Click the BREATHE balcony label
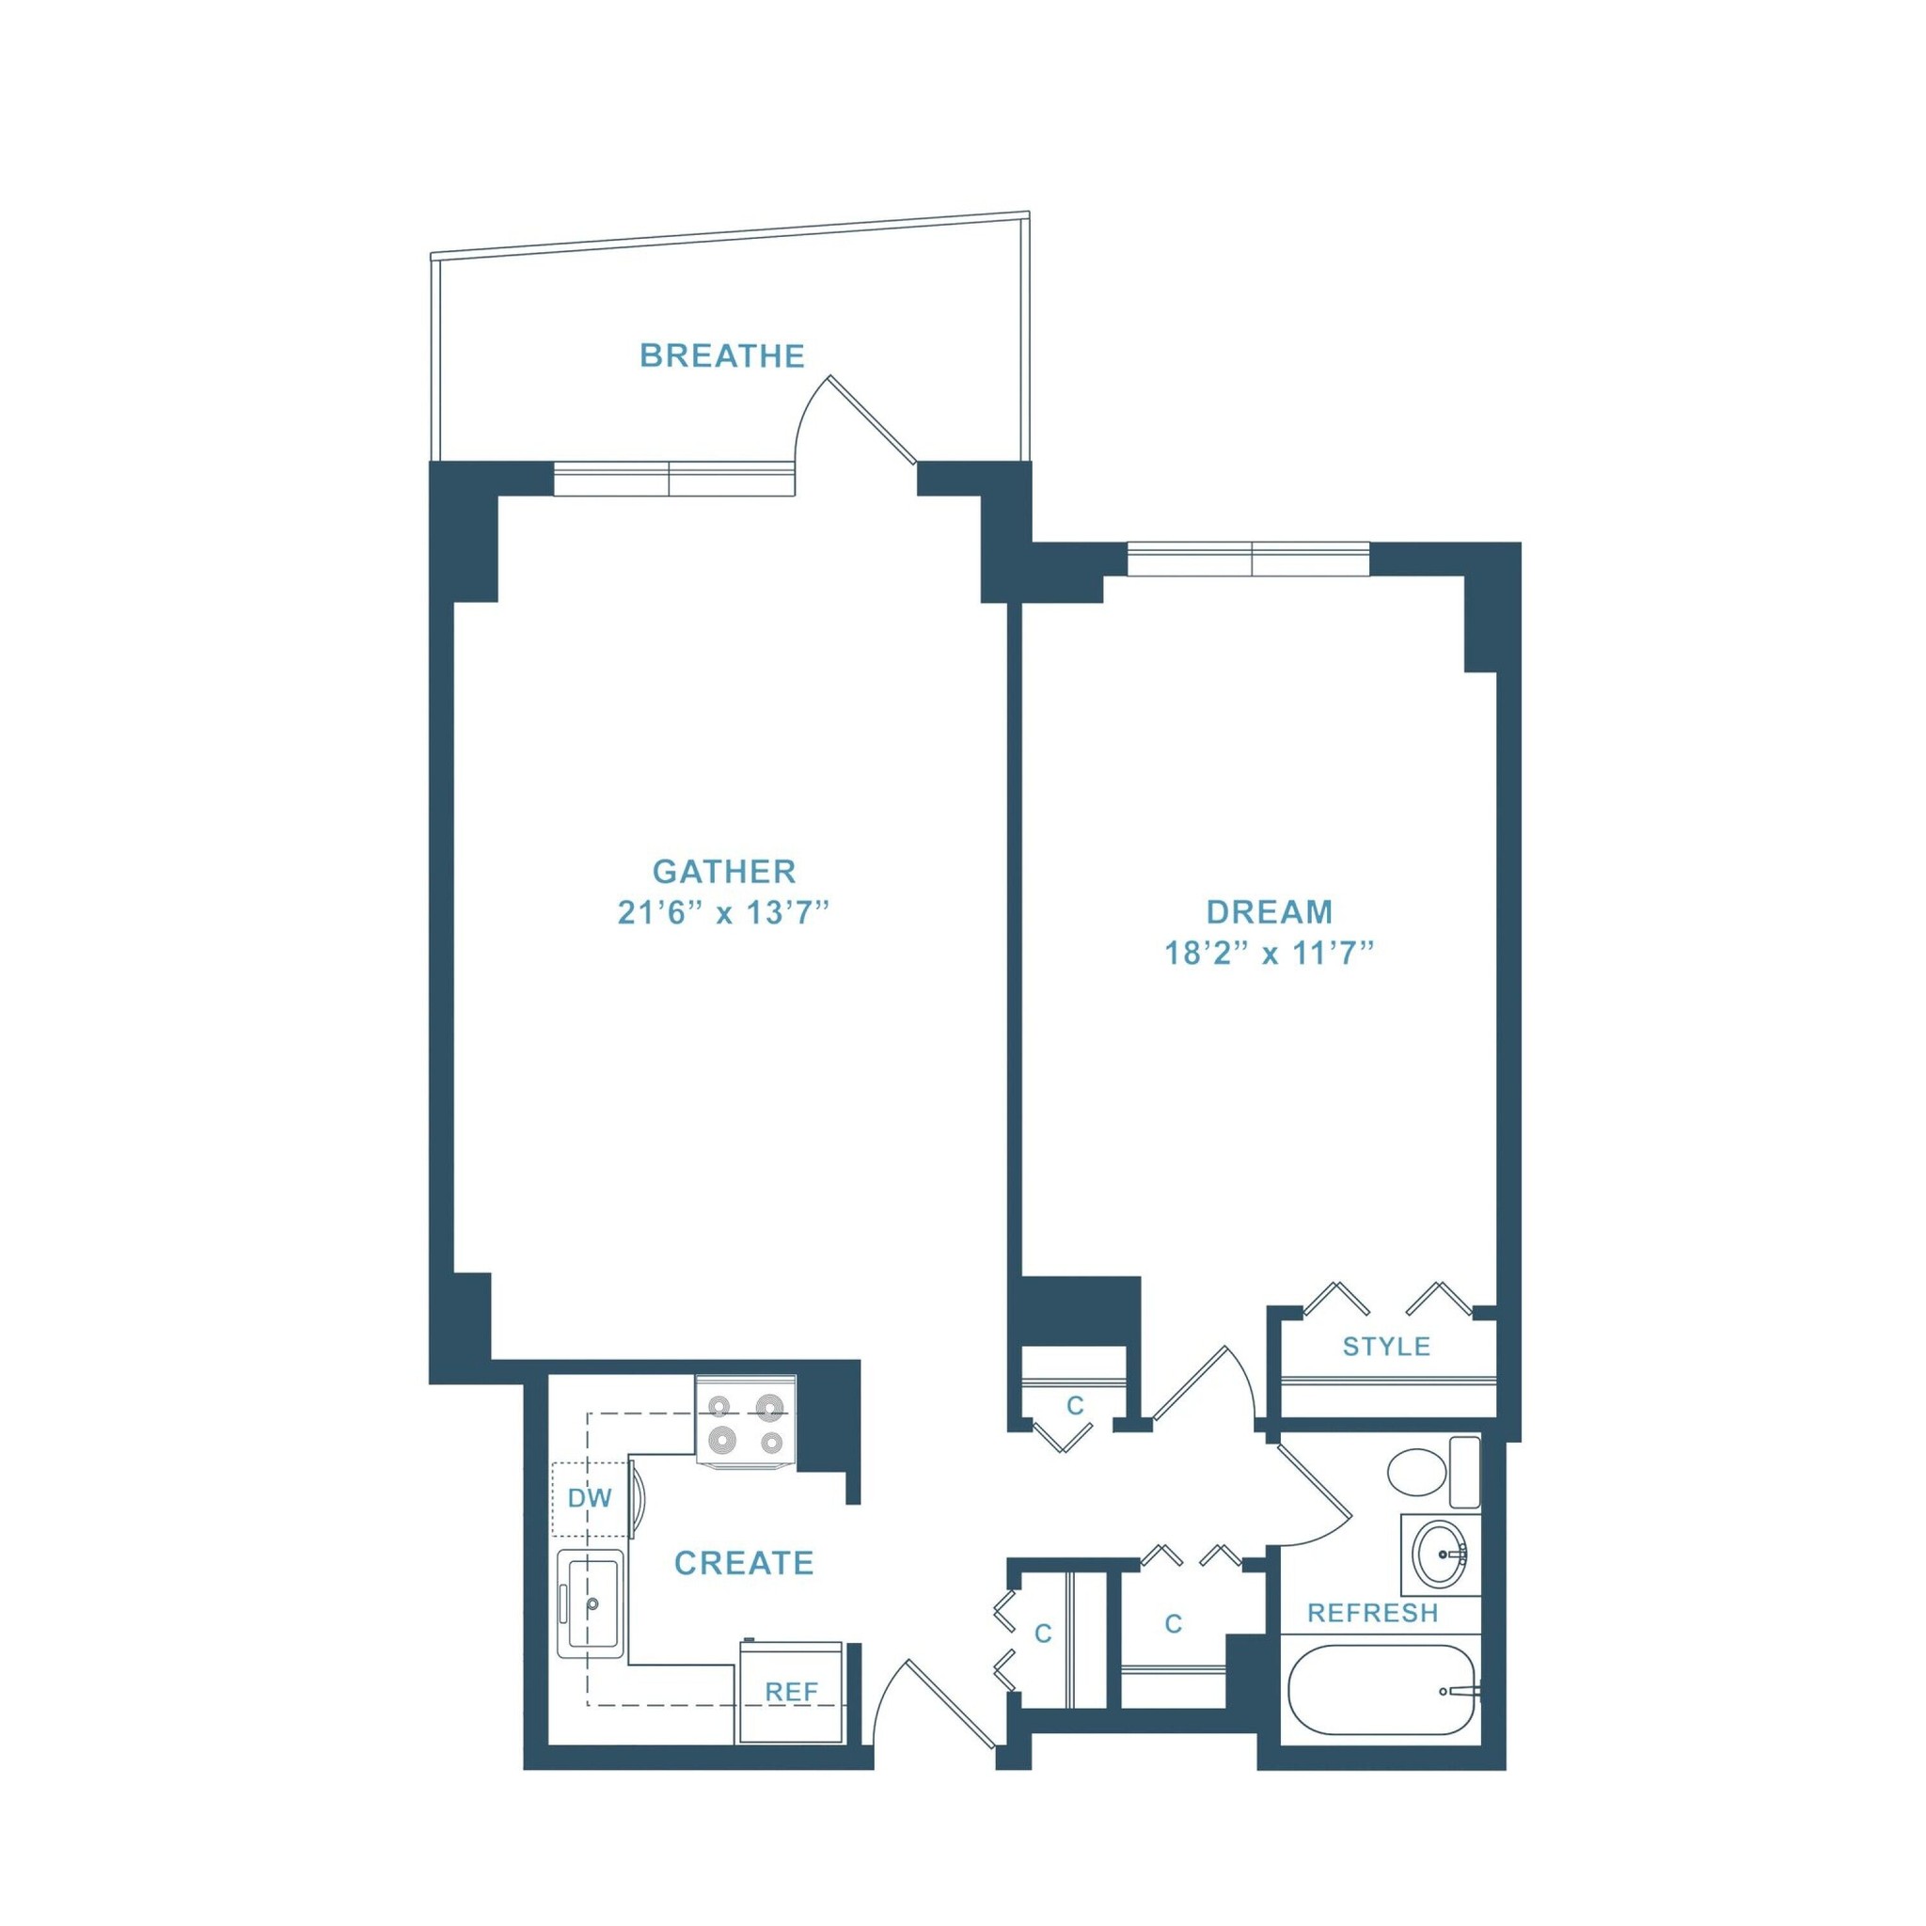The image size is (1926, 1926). pos(721,355)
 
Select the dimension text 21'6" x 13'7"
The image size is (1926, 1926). pos(724,913)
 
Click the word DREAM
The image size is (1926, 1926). pos(1269,911)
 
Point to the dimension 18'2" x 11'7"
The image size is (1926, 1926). pos(1269,954)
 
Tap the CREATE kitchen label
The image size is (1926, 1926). pos(744,1562)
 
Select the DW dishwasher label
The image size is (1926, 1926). pos(589,1497)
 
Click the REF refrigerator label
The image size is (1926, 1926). pos(792,1692)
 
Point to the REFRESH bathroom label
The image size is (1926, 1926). pos(1373,1613)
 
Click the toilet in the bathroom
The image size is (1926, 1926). pos(1433,1472)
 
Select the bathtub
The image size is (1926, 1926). pos(1382,1690)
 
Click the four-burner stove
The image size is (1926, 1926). pos(746,1423)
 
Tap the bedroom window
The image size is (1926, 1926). pos(1248,560)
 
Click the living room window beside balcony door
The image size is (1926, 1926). pos(673,479)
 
